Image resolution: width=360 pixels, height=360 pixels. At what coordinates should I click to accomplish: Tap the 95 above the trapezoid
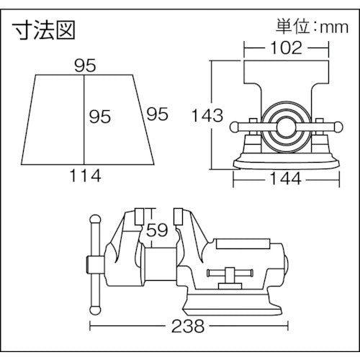[x=85, y=66]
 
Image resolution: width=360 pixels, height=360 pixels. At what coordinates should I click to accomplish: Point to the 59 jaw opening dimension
[x=158, y=231]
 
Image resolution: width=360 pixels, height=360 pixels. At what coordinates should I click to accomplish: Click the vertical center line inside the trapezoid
[x=85, y=119]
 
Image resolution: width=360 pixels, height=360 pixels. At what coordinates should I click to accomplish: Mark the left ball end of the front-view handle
[x=234, y=127]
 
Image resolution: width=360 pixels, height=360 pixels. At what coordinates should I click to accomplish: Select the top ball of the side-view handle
[x=92, y=217]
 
